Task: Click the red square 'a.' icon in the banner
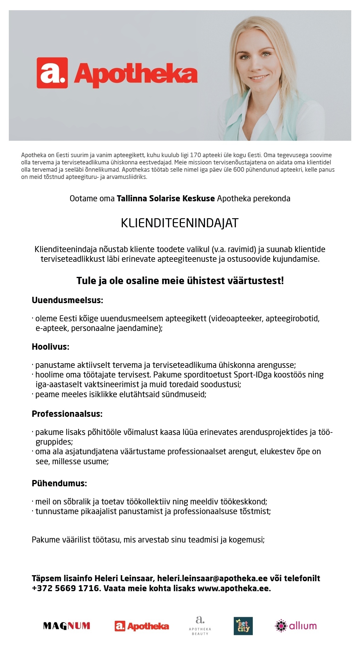52,73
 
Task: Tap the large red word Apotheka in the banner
136,75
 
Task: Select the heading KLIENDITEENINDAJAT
180,223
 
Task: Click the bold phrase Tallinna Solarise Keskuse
166,199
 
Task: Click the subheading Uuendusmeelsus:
67,300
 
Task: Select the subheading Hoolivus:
50,347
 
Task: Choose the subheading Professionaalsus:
67,414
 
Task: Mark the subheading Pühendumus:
59,483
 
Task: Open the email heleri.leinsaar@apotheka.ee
212,578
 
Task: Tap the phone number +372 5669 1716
66,588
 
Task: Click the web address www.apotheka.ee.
234,588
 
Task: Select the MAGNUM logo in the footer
67,625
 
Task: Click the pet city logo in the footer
243,626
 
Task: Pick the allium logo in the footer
296,625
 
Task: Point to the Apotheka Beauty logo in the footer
200,625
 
